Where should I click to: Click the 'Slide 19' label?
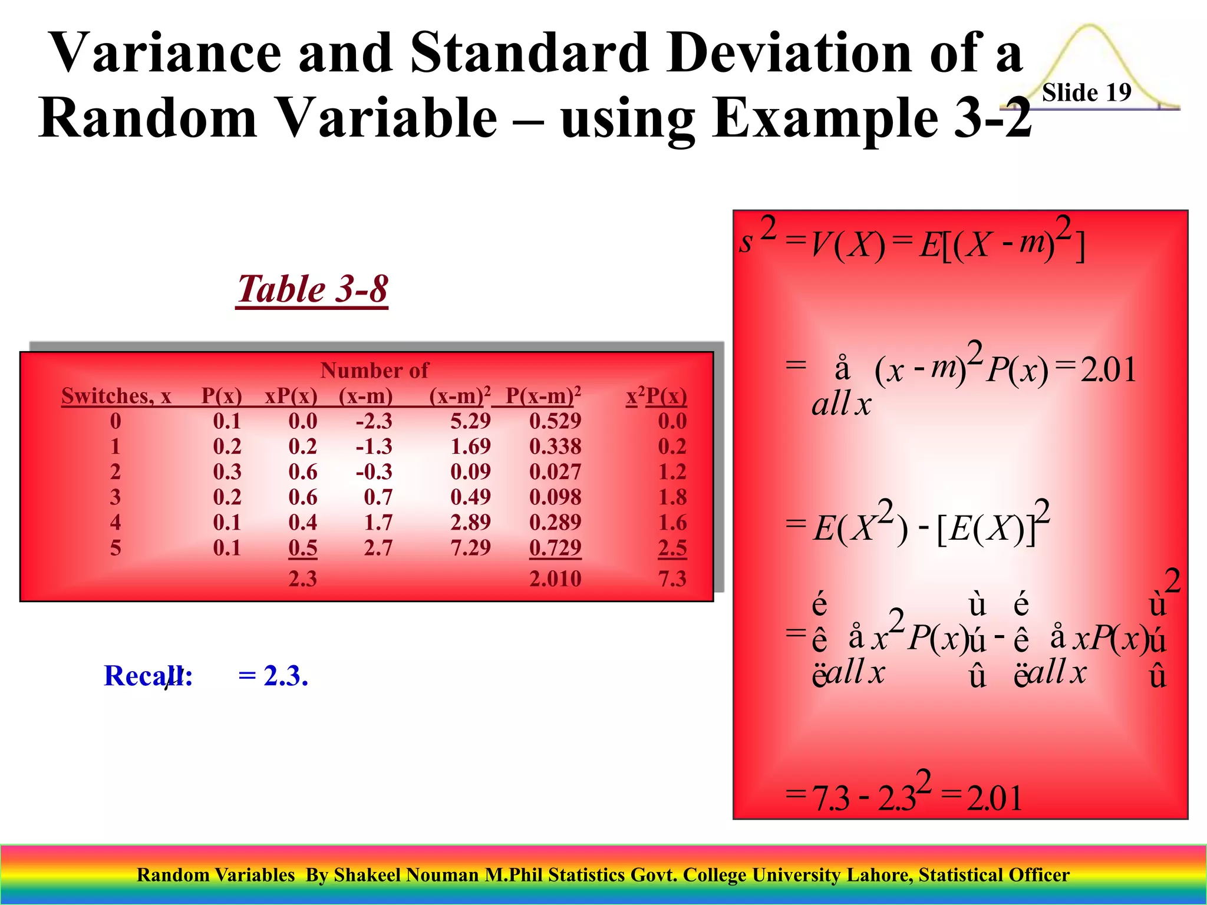[x=1086, y=93]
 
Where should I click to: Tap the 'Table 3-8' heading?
[x=312, y=289]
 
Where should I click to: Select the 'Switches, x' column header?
[x=116, y=396]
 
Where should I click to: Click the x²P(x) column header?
[x=657, y=396]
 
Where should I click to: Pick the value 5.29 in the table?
[x=470, y=421]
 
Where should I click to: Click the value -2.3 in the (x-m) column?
[x=374, y=421]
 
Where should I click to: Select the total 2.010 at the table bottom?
[x=555, y=579]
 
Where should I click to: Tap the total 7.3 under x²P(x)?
[x=672, y=579]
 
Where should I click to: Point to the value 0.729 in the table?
[x=555, y=548]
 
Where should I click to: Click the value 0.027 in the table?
[x=555, y=472]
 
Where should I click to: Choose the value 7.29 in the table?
[x=470, y=548]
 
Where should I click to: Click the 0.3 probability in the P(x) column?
[x=227, y=472]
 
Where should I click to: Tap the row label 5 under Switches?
[x=116, y=548]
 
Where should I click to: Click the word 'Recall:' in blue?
[x=148, y=676]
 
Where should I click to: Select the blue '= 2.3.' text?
[x=273, y=676]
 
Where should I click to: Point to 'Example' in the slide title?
[x=825, y=118]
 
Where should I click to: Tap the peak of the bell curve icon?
[x=1090, y=27]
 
